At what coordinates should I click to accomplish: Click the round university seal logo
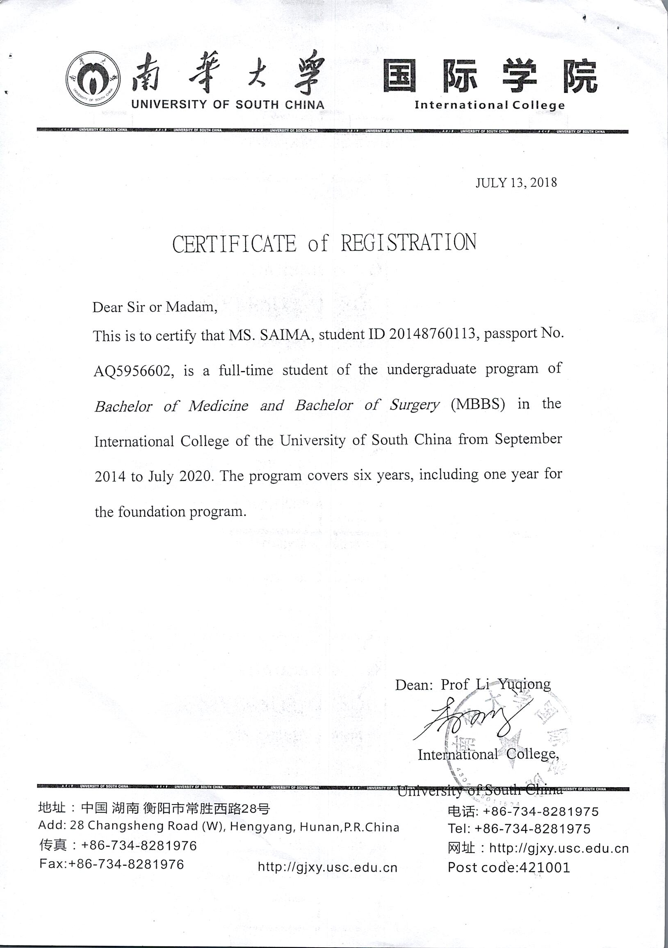click(x=93, y=79)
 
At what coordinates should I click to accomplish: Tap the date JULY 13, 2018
click(x=515, y=182)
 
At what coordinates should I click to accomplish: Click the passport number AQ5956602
click(x=132, y=371)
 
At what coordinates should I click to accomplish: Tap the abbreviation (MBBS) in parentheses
click(x=478, y=404)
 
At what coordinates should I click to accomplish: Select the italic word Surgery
click(x=415, y=405)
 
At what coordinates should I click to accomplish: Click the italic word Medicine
click(x=219, y=406)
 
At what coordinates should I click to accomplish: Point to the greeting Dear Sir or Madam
click(x=155, y=307)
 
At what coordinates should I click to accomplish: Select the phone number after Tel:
click(x=532, y=829)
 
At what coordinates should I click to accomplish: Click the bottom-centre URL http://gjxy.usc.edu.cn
click(x=327, y=867)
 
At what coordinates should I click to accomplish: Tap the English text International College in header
click(x=489, y=105)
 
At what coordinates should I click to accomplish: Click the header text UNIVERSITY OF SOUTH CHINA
click(x=228, y=105)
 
